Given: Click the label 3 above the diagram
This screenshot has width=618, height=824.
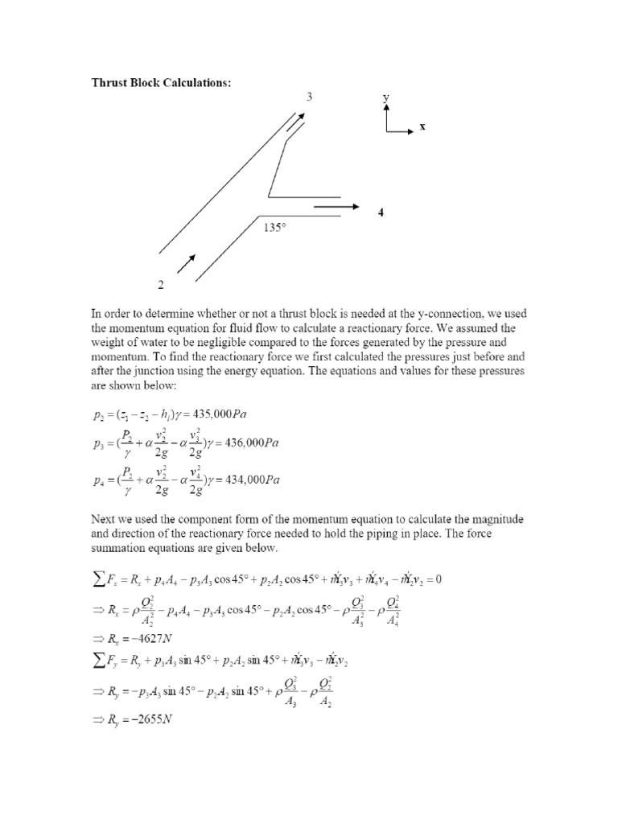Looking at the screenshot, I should point(308,97).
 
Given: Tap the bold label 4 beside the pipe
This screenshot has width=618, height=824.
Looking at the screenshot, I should point(381,212).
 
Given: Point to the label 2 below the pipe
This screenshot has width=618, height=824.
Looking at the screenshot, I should point(161,285).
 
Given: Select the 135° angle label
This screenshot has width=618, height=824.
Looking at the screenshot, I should point(275,228).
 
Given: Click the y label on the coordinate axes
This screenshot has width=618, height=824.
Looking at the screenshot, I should point(386,97).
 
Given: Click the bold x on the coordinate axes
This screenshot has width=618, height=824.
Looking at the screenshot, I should point(421,127).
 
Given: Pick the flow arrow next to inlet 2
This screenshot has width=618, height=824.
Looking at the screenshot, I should point(185,264).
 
